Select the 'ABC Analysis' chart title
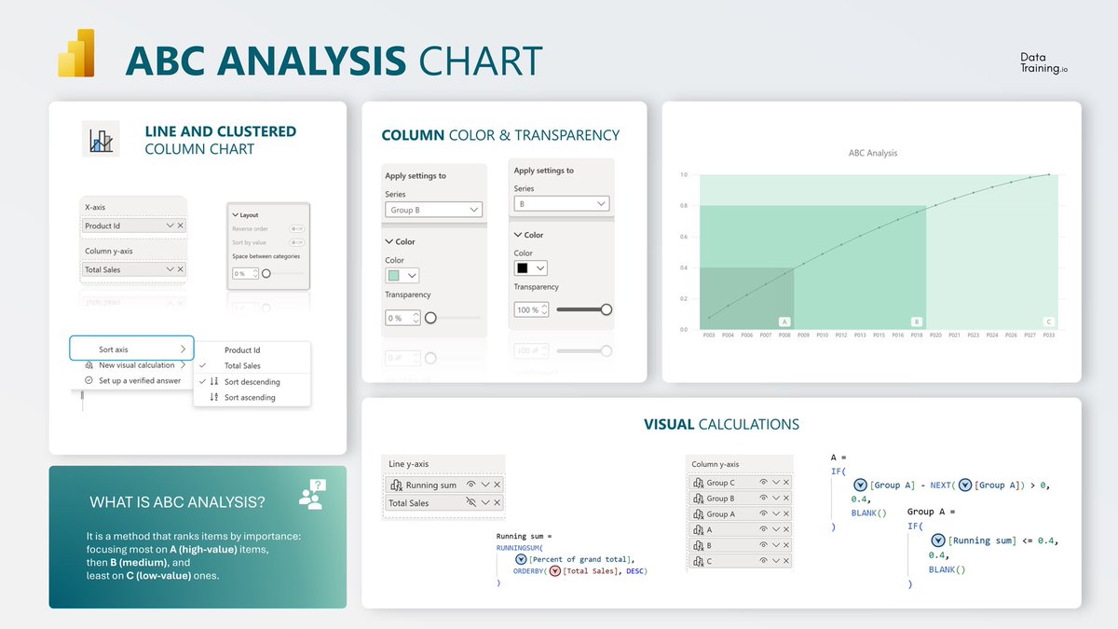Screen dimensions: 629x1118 [x=872, y=153]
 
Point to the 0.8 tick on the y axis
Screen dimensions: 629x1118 [x=683, y=206]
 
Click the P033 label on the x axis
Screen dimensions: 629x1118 [x=1048, y=335]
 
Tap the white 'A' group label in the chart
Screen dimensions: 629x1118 [x=784, y=321]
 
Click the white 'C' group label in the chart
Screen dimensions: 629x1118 [x=1048, y=321]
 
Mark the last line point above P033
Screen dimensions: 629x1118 [x=1048, y=174]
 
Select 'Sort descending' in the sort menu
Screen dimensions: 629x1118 [x=252, y=382]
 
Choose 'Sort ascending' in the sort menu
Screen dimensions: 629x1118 [x=250, y=398]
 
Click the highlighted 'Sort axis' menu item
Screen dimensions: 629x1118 [x=131, y=349]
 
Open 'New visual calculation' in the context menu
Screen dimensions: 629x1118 [x=136, y=365]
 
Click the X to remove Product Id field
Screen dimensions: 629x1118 [x=180, y=226]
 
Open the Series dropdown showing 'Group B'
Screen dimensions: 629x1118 [x=433, y=210]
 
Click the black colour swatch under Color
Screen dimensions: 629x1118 [x=524, y=268]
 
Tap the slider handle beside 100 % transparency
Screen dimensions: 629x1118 [x=607, y=309]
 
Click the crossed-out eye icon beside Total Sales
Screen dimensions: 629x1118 [x=470, y=502]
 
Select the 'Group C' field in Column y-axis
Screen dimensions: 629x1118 [x=720, y=483]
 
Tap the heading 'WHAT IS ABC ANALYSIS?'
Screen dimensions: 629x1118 [x=177, y=502]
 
